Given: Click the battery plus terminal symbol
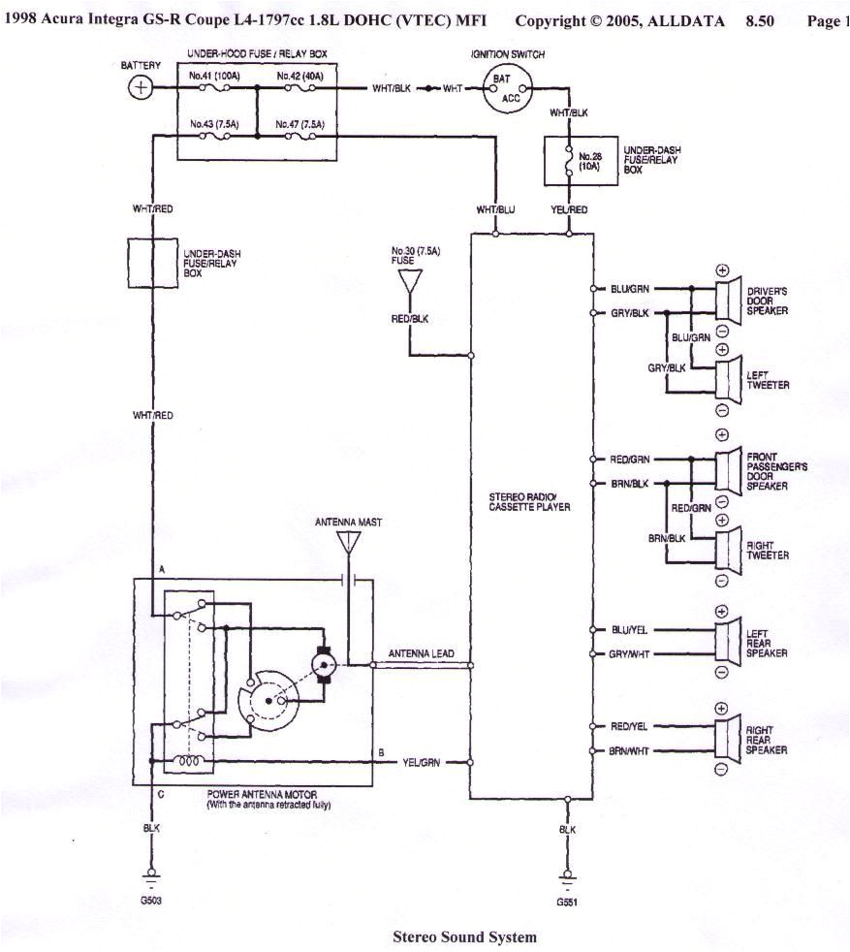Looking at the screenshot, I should tap(142, 88).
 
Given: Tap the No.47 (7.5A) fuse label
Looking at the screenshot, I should tap(298, 124).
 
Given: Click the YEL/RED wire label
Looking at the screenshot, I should tap(568, 210).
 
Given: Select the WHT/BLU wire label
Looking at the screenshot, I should tap(495, 210).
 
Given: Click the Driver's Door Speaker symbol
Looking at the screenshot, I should tap(724, 301).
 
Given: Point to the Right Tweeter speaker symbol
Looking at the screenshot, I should tap(724, 549).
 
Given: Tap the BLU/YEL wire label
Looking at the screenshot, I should tap(631, 630).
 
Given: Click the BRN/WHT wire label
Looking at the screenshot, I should tap(631, 751).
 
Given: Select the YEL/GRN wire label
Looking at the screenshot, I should tap(421, 763).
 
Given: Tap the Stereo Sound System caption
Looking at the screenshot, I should tap(463, 937).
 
